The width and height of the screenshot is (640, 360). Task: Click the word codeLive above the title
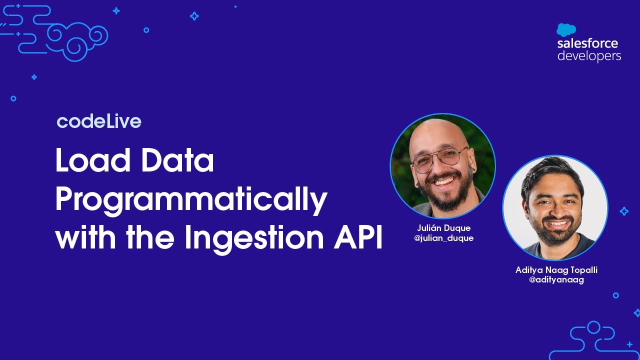pos(99,121)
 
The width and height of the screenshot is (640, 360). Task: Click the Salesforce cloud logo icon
pos(566,30)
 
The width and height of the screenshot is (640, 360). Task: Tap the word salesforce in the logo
pos(587,43)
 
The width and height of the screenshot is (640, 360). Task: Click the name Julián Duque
pos(443,228)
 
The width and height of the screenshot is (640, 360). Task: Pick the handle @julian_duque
pos(443,238)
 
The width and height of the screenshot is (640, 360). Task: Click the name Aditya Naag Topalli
pos(556,270)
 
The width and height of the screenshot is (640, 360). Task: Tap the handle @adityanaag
pos(556,280)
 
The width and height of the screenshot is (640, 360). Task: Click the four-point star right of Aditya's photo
pos(624,211)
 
